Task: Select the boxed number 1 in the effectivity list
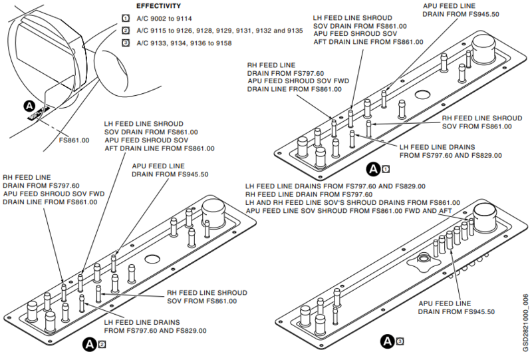[125, 18]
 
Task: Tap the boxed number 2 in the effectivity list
[125, 30]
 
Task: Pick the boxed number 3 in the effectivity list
[125, 43]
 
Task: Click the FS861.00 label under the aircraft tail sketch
[74, 140]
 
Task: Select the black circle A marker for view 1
[374, 168]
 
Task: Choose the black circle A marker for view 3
[388, 342]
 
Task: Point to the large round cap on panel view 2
[213, 210]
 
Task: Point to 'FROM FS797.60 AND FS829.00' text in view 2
[155, 330]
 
